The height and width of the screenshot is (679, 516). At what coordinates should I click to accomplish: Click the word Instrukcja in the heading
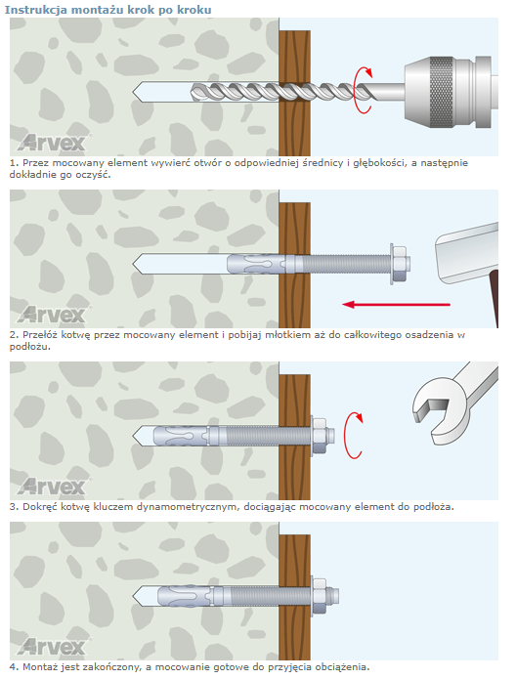point(35,10)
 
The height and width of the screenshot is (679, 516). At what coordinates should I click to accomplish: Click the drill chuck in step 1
point(451,92)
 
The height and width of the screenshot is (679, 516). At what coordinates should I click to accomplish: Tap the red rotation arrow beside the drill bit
point(364,91)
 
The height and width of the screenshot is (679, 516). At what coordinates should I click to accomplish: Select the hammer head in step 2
point(466,253)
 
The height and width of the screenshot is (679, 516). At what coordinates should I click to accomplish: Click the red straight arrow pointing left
point(396,305)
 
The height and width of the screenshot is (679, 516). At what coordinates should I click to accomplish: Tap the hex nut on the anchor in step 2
point(400,263)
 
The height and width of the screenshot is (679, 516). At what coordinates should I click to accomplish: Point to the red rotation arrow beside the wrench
point(352,435)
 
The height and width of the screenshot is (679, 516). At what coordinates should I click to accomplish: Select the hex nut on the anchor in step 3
point(319,435)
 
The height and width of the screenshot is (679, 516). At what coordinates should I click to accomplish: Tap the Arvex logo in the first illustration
point(51,143)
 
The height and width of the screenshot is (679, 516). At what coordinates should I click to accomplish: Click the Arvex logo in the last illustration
point(51,647)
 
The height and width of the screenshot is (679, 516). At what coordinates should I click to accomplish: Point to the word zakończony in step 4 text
point(115,667)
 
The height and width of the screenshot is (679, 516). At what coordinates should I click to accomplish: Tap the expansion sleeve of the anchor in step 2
point(256,264)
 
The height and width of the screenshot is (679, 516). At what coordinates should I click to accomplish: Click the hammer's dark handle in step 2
point(494,299)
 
